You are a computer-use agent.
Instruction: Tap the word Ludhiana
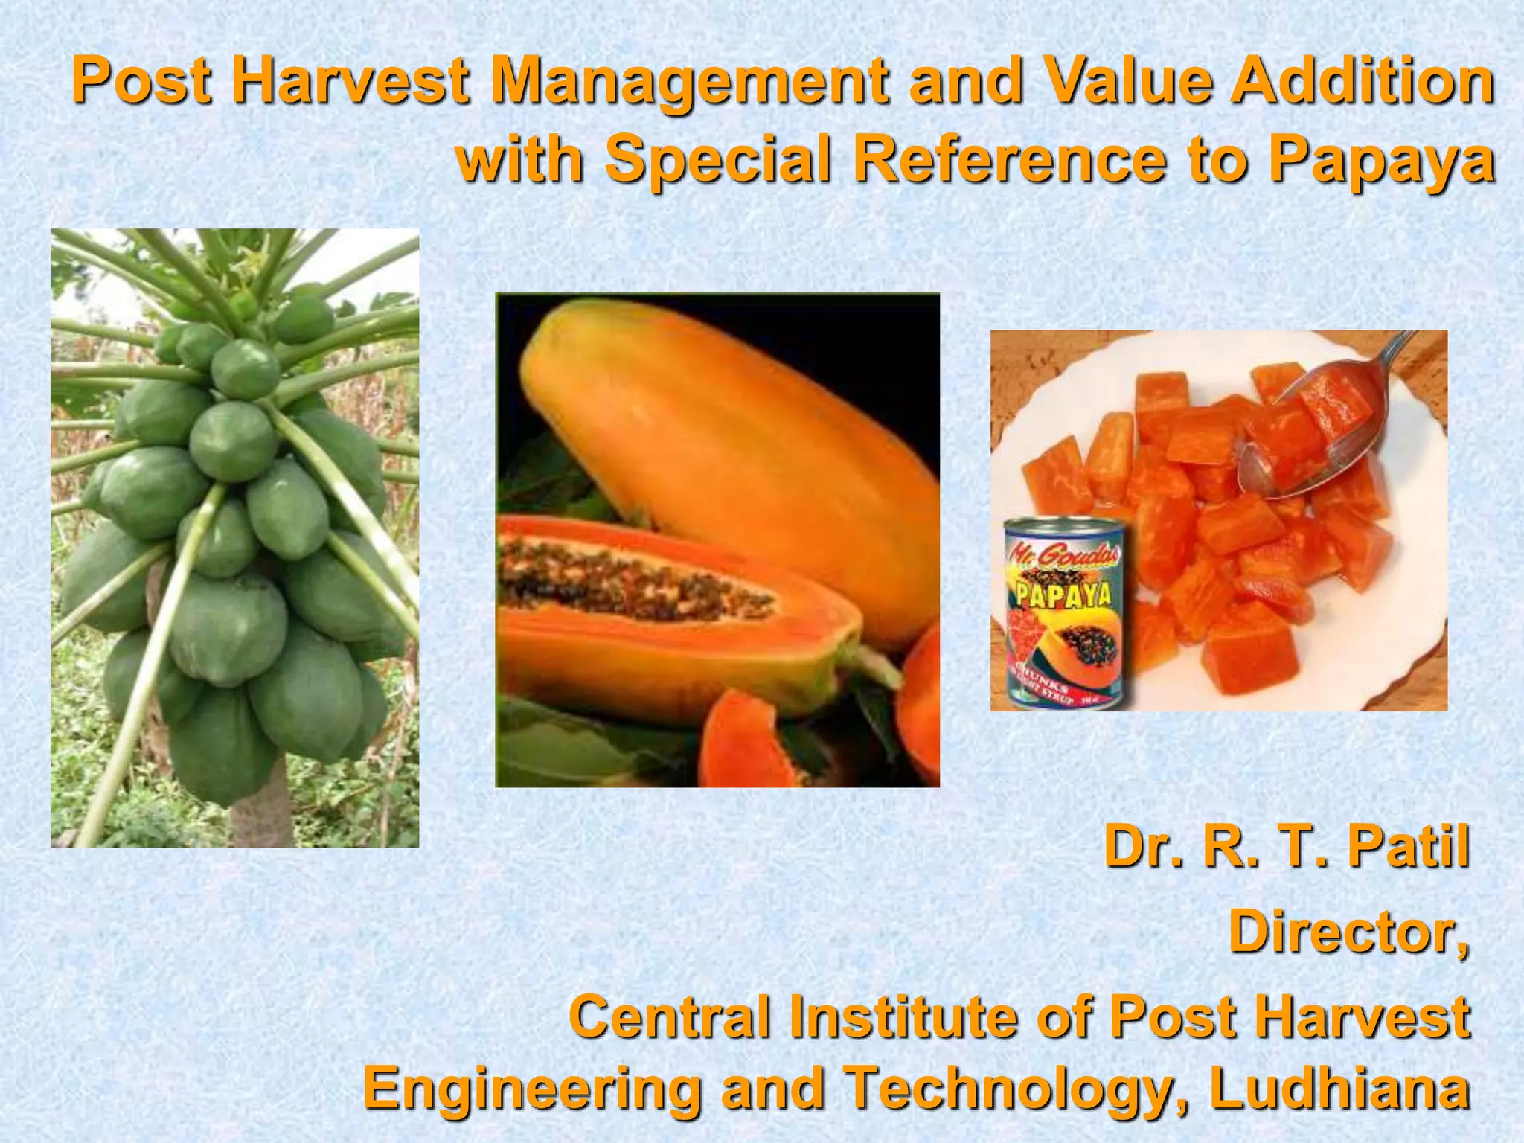pyautogui.click(x=1339, y=1089)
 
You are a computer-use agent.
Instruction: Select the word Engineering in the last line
pyautogui.click(x=532, y=1089)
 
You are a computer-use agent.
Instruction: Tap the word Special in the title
pyautogui.click(x=717, y=162)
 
